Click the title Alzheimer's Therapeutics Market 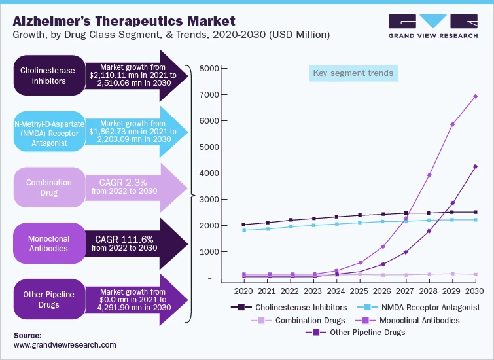(x=124, y=21)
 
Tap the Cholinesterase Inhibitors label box (x=46, y=75)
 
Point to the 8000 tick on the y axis (x=210, y=69)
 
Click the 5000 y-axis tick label (x=210, y=147)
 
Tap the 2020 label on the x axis (x=244, y=291)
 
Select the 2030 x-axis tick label (x=475, y=291)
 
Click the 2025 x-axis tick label (x=359, y=291)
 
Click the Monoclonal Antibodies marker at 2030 (x=475, y=96)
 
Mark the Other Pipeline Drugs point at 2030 (x=475, y=166)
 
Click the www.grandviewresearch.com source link (x=64, y=344)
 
